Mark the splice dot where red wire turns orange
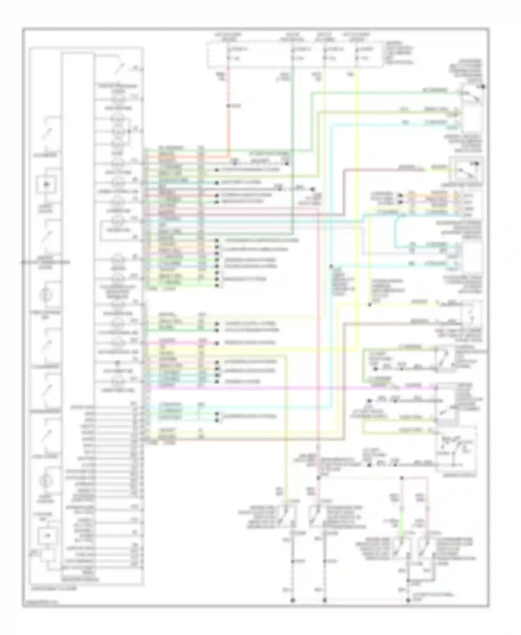pos(228,106)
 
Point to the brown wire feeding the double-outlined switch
pos(382,169)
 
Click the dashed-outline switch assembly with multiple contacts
pos(456,449)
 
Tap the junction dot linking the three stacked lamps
pos(130,132)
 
